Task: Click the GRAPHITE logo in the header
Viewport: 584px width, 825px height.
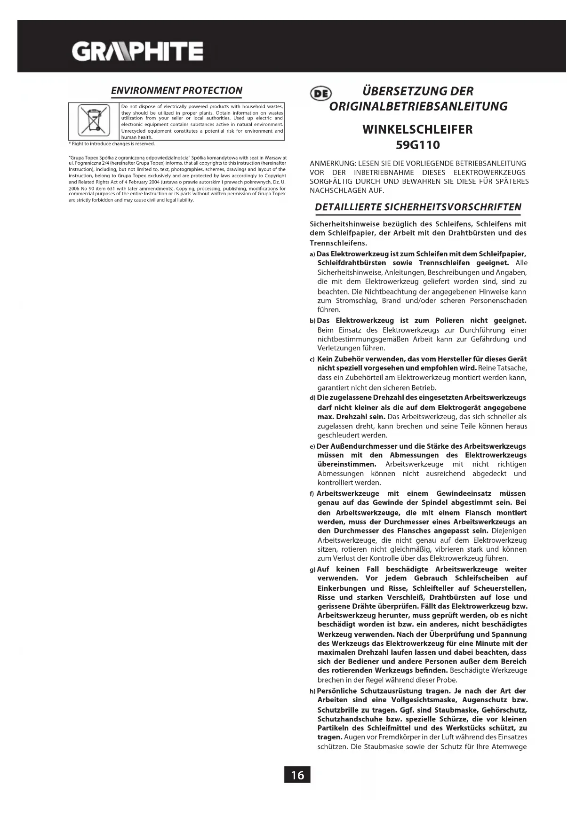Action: (137, 51)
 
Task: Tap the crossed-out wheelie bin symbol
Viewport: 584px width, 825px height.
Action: (93, 120)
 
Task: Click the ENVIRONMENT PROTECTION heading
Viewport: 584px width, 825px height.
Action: (176, 91)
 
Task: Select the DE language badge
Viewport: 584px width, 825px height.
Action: (320, 93)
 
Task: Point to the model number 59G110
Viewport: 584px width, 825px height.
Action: (418, 145)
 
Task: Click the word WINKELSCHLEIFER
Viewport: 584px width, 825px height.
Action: (418, 130)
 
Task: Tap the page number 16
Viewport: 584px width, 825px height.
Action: (297, 774)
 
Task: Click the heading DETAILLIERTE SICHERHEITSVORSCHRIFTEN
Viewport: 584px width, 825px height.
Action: (418, 207)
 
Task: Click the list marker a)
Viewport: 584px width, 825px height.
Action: (312, 254)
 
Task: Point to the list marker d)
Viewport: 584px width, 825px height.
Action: (312, 398)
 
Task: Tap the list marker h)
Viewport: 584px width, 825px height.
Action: (312, 691)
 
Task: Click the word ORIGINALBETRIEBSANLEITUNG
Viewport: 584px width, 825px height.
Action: (418, 106)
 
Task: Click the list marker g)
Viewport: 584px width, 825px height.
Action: (312, 570)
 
